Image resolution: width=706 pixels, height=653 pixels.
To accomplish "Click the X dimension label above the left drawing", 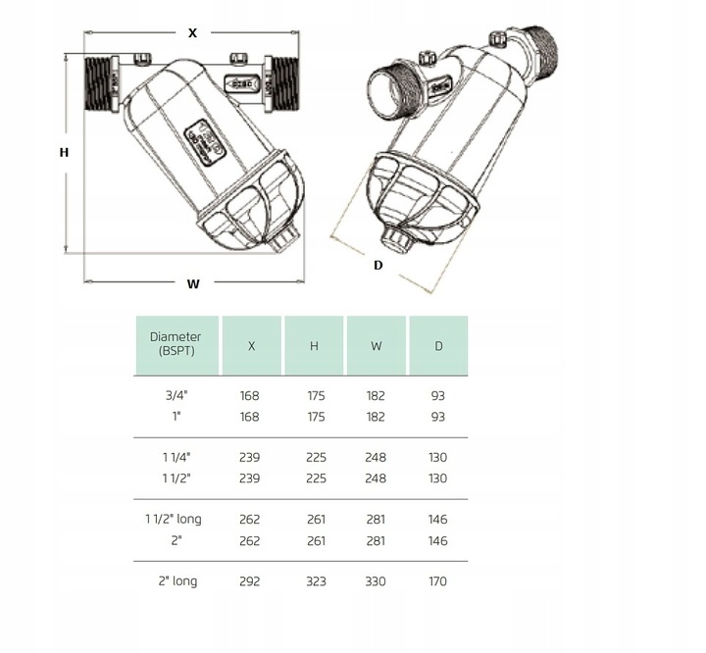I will point(192,32).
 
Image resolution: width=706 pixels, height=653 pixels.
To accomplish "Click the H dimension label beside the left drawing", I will point(64,152).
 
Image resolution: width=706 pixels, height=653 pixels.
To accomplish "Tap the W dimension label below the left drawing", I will point(193,284).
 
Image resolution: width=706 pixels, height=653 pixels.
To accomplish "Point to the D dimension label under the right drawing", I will point(378,265).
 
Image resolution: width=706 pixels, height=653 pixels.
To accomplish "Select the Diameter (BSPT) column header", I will point(175,344).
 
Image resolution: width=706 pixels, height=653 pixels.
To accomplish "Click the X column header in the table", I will point(252,345).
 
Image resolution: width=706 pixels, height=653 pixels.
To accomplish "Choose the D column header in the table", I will point(438,345).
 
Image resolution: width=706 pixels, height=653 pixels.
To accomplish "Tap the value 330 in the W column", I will point(376,580).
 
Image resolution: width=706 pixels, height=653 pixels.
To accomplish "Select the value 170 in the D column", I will point(437,580).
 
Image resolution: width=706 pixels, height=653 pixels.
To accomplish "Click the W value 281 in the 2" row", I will point(376,540).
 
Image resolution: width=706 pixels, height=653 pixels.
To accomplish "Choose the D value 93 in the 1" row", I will point(437,417).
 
